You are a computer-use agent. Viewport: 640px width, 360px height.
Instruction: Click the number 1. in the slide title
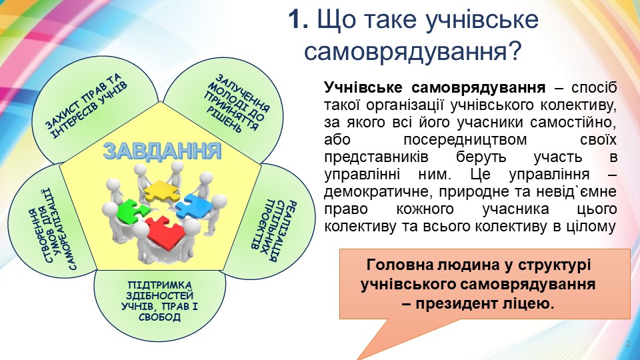[298, 19]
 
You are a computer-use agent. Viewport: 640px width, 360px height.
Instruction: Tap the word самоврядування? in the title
[413, 52]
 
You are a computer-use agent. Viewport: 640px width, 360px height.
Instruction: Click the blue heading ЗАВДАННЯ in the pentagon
[162, 151]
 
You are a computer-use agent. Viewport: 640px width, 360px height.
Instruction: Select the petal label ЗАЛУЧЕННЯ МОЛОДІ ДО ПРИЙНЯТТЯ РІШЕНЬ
[237, 103]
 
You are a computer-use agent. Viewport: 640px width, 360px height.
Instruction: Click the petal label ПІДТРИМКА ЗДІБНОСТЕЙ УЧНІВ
[159, 301]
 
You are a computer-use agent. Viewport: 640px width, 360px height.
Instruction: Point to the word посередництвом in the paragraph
[465, 139]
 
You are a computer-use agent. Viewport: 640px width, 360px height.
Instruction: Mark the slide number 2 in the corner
[628, 344]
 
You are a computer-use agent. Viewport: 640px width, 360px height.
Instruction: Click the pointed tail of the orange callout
[359, 358]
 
